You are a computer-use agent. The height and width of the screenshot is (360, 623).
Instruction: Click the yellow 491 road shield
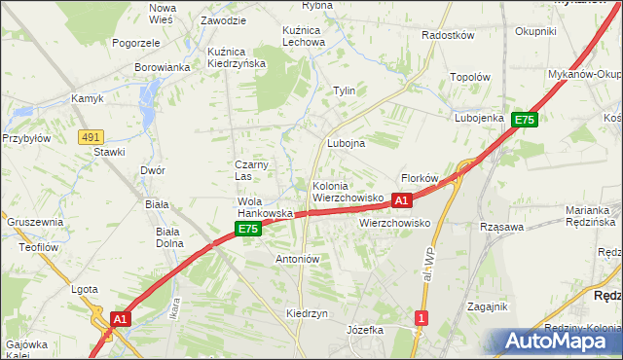pyautogui.click(x=91, y=138)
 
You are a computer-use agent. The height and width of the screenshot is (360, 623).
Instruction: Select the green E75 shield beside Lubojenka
pyautogui.click(x=525, y=120)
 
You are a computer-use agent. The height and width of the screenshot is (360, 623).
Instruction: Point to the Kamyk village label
pyautogui.click(x=87, y=98)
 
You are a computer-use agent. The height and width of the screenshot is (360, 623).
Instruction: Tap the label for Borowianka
pyautogui.click(x=162, y=68)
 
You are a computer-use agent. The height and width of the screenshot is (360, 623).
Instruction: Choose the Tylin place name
pyautogui.click(x=345, y=90)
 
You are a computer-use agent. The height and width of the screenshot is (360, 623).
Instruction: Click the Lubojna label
pyautogui.click(x=346, y=143)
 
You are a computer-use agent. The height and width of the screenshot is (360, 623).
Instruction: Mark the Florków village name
pyautogui.click(x=421, y=178)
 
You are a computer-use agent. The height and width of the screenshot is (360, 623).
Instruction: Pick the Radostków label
pyautogui.click(x=447, y=35)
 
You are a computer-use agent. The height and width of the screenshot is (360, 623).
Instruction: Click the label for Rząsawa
pyautogui.click(x=502, y=227)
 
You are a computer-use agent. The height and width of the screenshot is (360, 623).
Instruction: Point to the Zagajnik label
pyautogui.click(x=488, y=306)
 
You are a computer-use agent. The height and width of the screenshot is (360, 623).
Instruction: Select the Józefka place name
pyautogui.click(x=365, y=330)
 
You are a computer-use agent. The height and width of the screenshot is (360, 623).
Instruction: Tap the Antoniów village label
pyautogui.click(x=298, y=260)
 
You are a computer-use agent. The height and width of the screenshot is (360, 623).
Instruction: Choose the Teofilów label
pyautogui.click(x=29, y=246)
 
